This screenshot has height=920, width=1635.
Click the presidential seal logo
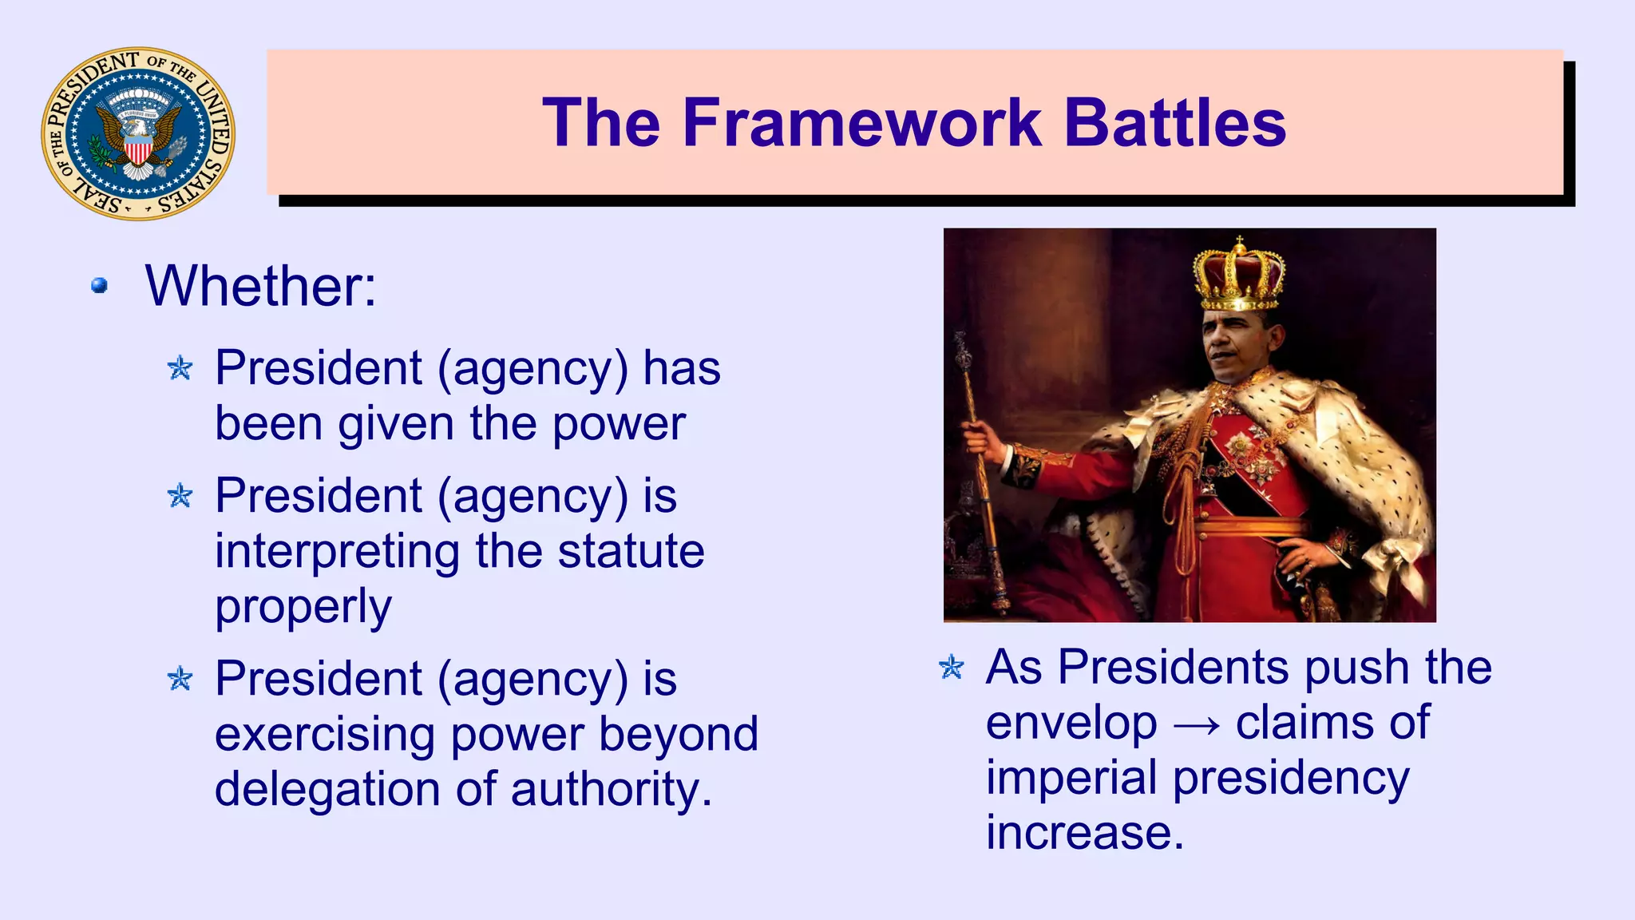(x=138, y=133)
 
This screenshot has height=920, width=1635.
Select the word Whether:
(x=260, y=286)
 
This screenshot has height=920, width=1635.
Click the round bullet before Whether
(x=100, y=285)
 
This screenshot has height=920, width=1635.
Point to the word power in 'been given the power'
(x=619, y=423)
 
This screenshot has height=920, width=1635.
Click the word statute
(x=631, y=551)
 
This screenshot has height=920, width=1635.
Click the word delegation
(x=327, y=789)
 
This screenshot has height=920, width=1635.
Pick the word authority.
(x=611, y=789)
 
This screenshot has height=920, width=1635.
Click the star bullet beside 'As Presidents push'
(x=952, y=667)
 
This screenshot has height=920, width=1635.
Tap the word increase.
(x=1084, y=832)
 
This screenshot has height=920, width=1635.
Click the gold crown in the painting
(x=1238, y=276)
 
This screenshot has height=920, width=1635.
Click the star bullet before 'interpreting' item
(x=180, y=496)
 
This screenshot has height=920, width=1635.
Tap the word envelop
(x=1071, y=724)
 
